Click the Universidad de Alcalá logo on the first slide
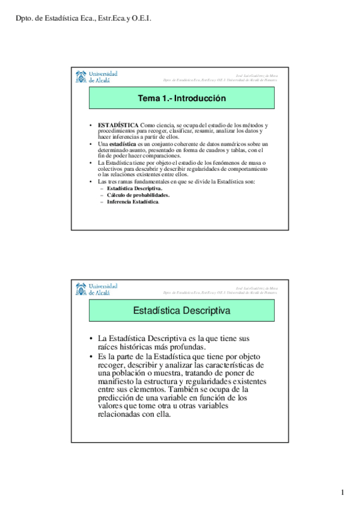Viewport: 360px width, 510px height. point(96,77)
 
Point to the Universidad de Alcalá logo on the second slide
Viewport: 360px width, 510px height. point(96,289)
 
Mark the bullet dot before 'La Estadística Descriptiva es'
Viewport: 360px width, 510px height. point(90,339)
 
